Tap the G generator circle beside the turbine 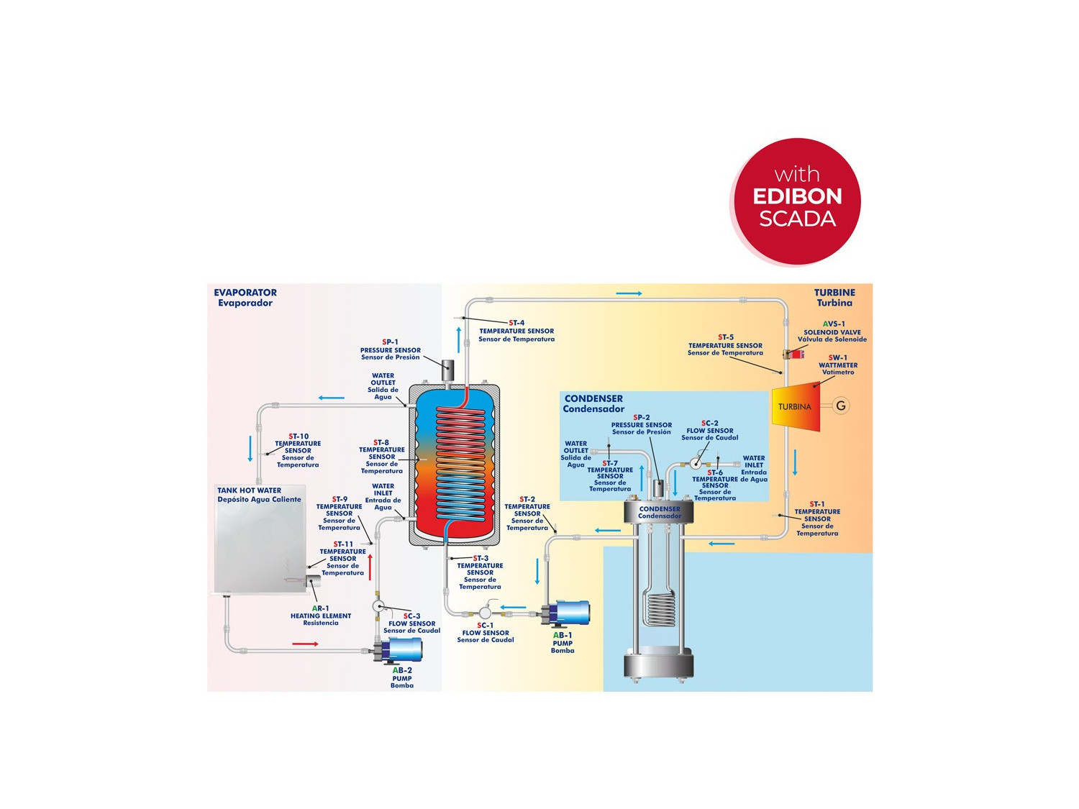840,406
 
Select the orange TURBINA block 796,407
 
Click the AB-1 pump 568,613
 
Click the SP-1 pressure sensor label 390,349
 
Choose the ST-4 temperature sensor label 516,331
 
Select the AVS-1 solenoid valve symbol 793,354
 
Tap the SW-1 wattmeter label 838,365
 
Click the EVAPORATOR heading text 245,298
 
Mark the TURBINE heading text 834,298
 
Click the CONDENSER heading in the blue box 593,403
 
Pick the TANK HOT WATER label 259,495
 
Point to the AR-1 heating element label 321,616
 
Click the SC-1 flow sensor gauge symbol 485,613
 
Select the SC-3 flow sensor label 411,623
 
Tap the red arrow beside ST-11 370,567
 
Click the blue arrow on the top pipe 629,293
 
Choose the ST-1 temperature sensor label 817,518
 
